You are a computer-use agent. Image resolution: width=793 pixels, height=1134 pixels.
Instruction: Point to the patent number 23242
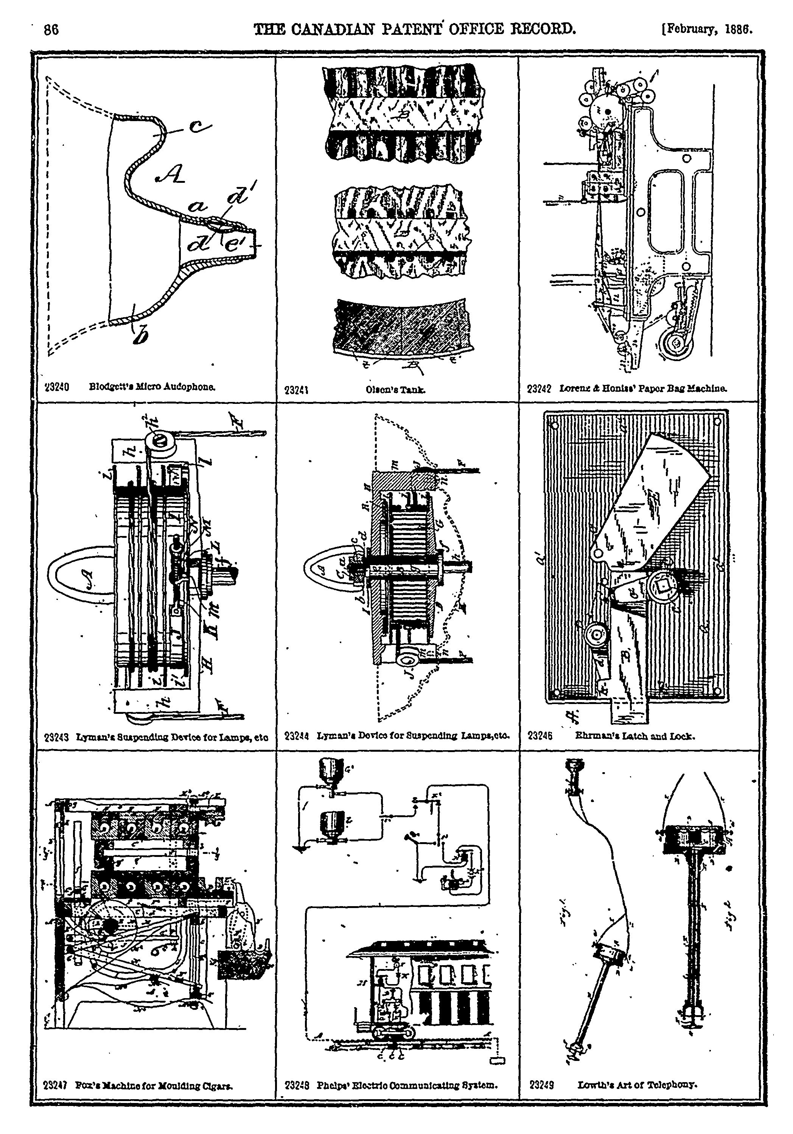click(x=539, y=389)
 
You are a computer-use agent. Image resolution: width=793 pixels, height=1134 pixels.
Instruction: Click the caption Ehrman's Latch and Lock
click(x=635, y=735)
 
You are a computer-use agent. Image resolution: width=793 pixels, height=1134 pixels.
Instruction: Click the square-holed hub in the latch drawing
click(x=661, y=586)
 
